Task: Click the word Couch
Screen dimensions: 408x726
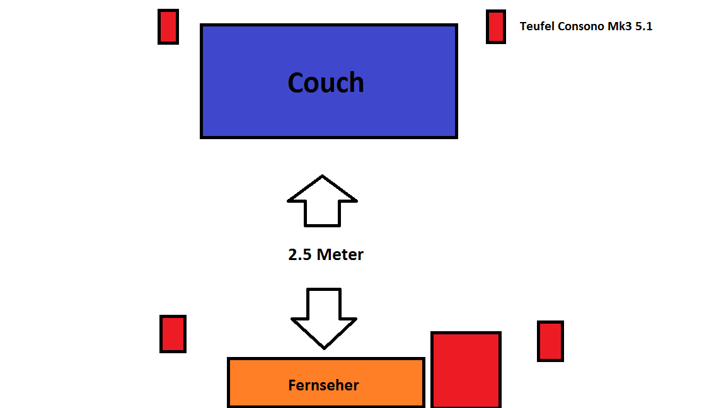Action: tap(326, 82)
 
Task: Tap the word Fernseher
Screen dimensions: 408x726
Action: tap(324, 385)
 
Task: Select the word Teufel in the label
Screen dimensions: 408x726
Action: tap(536, 26)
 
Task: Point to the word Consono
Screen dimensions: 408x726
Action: tap(580, 26)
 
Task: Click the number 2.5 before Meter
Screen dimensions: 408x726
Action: tap(300, 255)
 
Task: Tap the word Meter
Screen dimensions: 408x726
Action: tap(340, 255)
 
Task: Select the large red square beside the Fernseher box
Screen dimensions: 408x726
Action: tap(466, 370)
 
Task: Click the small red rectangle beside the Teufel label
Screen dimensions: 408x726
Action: tap(496, 26)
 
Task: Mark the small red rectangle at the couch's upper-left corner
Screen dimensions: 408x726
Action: tap(168, 26)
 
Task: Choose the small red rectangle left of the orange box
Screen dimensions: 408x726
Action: tap(173, 334)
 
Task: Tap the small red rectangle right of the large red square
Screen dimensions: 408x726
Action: tap(550, 341)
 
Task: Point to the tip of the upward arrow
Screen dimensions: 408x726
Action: tap(323, 177)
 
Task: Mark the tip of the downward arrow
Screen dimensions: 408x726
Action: tap(324, 347)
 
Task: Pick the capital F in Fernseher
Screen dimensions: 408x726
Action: tap(292, 385)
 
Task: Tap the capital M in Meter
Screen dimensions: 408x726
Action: tap(324, 255)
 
